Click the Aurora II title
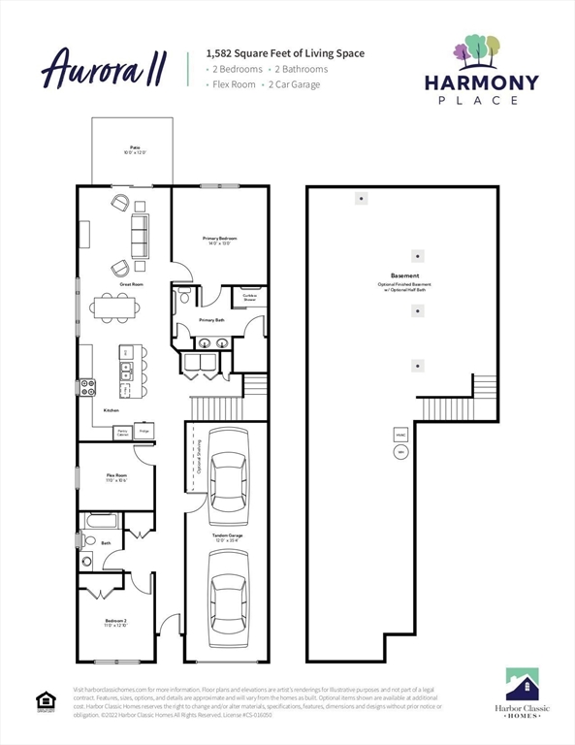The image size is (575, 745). click(104, 69)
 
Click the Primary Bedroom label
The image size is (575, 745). click(220, 240)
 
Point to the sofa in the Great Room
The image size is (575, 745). click(140, 236)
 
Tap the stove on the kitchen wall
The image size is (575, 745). click(87, 386)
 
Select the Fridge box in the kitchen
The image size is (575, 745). click(144, 431)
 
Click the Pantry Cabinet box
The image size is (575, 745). click(122, 432)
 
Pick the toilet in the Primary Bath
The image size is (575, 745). click(183, 298)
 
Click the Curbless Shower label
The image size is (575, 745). click(249, 298)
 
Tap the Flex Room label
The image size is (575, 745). click(116, 477)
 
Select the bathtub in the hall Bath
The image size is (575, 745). click(100, 521)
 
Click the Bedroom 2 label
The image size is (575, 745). click(116, 623)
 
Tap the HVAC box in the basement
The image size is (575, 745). click(399, 432)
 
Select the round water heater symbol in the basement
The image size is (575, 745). click(399, 453)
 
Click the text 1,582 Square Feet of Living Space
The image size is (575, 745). click(285, 53)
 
